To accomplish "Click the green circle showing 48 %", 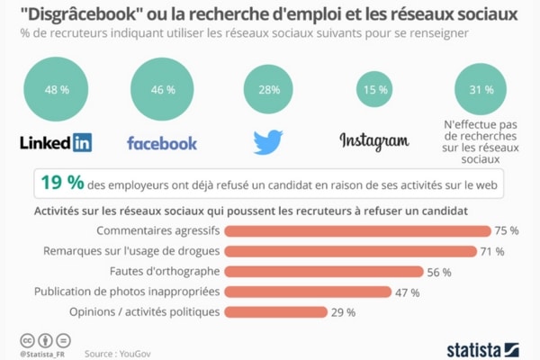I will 58,88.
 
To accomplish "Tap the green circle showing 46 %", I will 162,88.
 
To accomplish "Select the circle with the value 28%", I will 268,89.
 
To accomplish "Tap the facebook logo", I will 162,142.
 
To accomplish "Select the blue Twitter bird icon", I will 268,141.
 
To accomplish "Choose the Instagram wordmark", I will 373,140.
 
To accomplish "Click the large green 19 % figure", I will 60,182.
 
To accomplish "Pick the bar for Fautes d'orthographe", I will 323,271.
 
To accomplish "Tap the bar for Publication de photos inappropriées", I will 307,292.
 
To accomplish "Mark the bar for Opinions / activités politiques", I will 274,312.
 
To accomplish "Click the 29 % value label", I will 344,312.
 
